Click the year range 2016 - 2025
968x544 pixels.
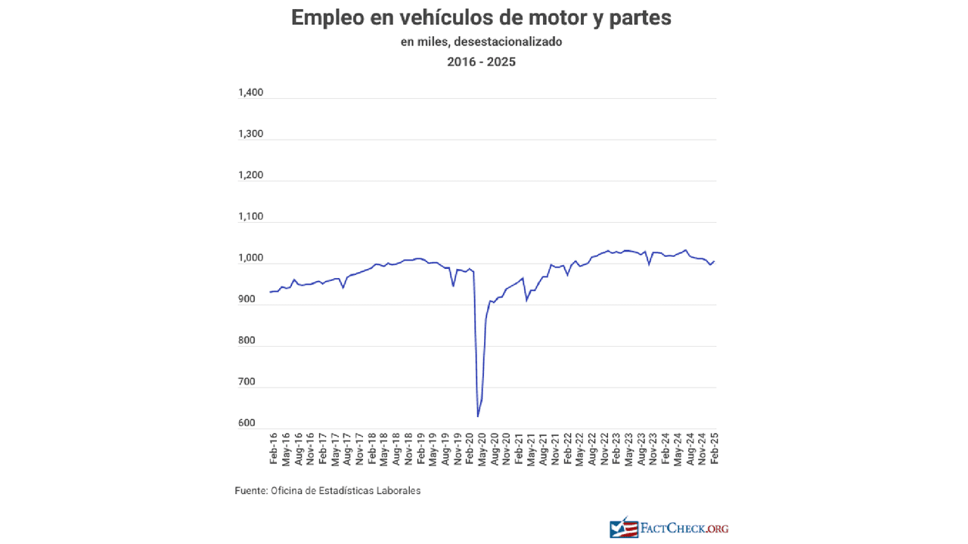pyautogui.click(x=481, y=62)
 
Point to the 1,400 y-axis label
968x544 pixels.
pyautogui.click(x=250, y=93)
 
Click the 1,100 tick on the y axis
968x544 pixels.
pyautogui.click(x=250, y=217)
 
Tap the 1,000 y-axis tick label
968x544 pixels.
pyautogui.click(x=250, y=258)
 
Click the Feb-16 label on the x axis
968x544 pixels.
pyautogui.click(x=274, y=450)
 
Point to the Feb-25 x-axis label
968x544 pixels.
pyautogui.click(x=714, y=450)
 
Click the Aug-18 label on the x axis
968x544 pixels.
pyautogui.click(x=396, y=450)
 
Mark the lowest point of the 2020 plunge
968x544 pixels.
pyautogui.click(x=478, y=416)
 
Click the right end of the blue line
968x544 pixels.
pyautogui.click(x=715, y=261)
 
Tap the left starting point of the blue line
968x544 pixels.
pyautogui.click(x=270, y=292)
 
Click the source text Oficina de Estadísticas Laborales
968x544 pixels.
pyautogui.click(x=345, y=490)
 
